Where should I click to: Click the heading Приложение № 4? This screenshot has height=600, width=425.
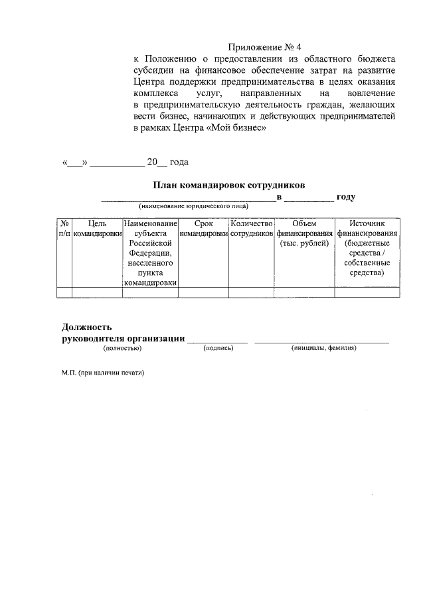(265, 47)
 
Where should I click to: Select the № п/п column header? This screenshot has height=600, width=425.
(64, 229)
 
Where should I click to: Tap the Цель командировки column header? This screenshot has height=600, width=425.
(97, 229)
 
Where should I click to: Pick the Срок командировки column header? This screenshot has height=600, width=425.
(204, 229)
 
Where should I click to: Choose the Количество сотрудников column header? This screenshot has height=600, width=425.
(251, 229)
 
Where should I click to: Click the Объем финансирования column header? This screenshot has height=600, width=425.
(304, 234)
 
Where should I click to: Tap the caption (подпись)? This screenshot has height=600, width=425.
(218, 347)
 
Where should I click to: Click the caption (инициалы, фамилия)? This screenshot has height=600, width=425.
(323, 347)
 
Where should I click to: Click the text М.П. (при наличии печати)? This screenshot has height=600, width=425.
(102, 373)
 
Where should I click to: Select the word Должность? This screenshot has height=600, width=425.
(86, 327)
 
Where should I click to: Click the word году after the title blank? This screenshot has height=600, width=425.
(347, 197)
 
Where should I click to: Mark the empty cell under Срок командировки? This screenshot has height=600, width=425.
(204, 292)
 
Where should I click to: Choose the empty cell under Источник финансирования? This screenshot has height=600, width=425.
(367, 292)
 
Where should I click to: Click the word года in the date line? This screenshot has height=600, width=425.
(179, 162)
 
